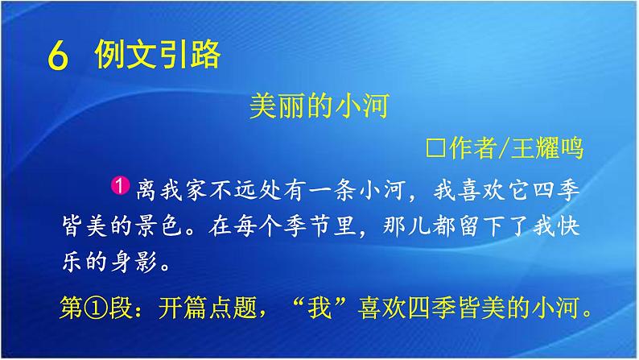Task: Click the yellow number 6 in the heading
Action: (57, 56)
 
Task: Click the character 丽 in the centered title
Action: (292, 106)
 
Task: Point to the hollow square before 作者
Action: (435, 148)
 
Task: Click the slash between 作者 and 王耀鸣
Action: (504, 147)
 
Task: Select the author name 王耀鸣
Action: (547, 147)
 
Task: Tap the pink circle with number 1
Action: (120, 186)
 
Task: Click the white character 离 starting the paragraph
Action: (146, 190)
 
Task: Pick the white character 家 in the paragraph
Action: (196, 190)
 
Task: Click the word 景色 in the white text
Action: (159, 226)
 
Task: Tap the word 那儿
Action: (406, 226)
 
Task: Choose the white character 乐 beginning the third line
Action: (72, 261)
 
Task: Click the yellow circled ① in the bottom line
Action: (96, 308)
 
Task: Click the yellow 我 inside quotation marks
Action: (320, 308)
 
